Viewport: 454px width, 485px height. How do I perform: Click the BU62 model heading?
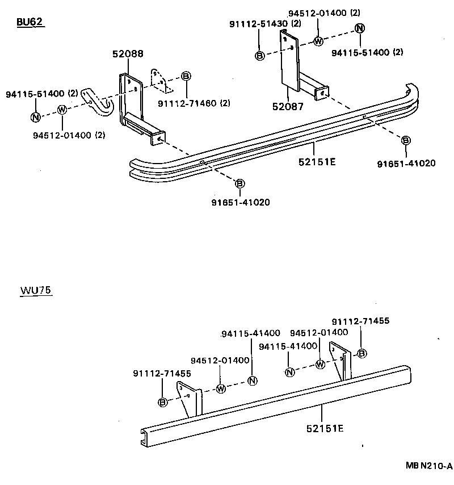coord(30,22)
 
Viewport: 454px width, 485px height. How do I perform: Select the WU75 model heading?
coord(36,290)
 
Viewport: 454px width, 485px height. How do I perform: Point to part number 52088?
coord(128,54)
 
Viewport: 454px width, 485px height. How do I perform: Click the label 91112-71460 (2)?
coord(194,103)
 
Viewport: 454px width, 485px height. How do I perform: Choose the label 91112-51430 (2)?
coord(265,23)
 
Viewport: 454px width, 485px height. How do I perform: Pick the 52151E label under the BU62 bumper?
coord(317,161)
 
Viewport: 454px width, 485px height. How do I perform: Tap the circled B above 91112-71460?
coord(186,76)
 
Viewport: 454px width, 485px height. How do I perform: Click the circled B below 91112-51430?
coord(259,55)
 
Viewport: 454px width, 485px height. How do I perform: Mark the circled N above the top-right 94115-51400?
coord(359,28)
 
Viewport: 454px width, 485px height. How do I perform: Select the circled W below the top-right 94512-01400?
coord(318,40)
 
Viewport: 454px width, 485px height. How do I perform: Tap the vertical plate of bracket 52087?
coord(291,60)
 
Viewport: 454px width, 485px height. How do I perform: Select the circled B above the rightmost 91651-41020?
coord(406,140)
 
